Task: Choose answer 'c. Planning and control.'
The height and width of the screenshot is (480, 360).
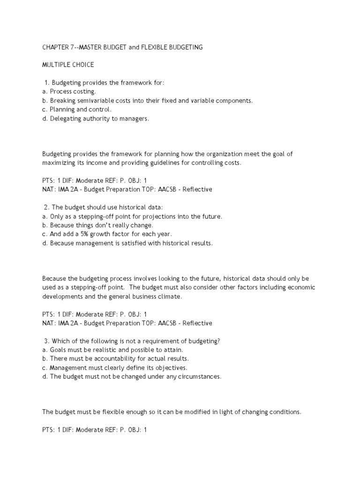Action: [x=77, y=109]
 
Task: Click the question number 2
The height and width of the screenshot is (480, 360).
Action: [x=46, y=207]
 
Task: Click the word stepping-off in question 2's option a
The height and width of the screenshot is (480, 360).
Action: [x=104, y=216]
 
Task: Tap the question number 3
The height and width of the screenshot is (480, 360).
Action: [x=46, y=341]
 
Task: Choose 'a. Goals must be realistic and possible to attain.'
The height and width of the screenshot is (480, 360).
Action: [x=112, y=350]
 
